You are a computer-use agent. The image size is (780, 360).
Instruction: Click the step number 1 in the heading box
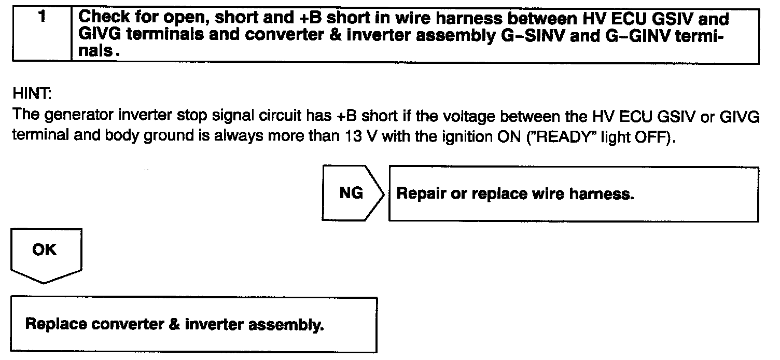coord(41,17)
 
